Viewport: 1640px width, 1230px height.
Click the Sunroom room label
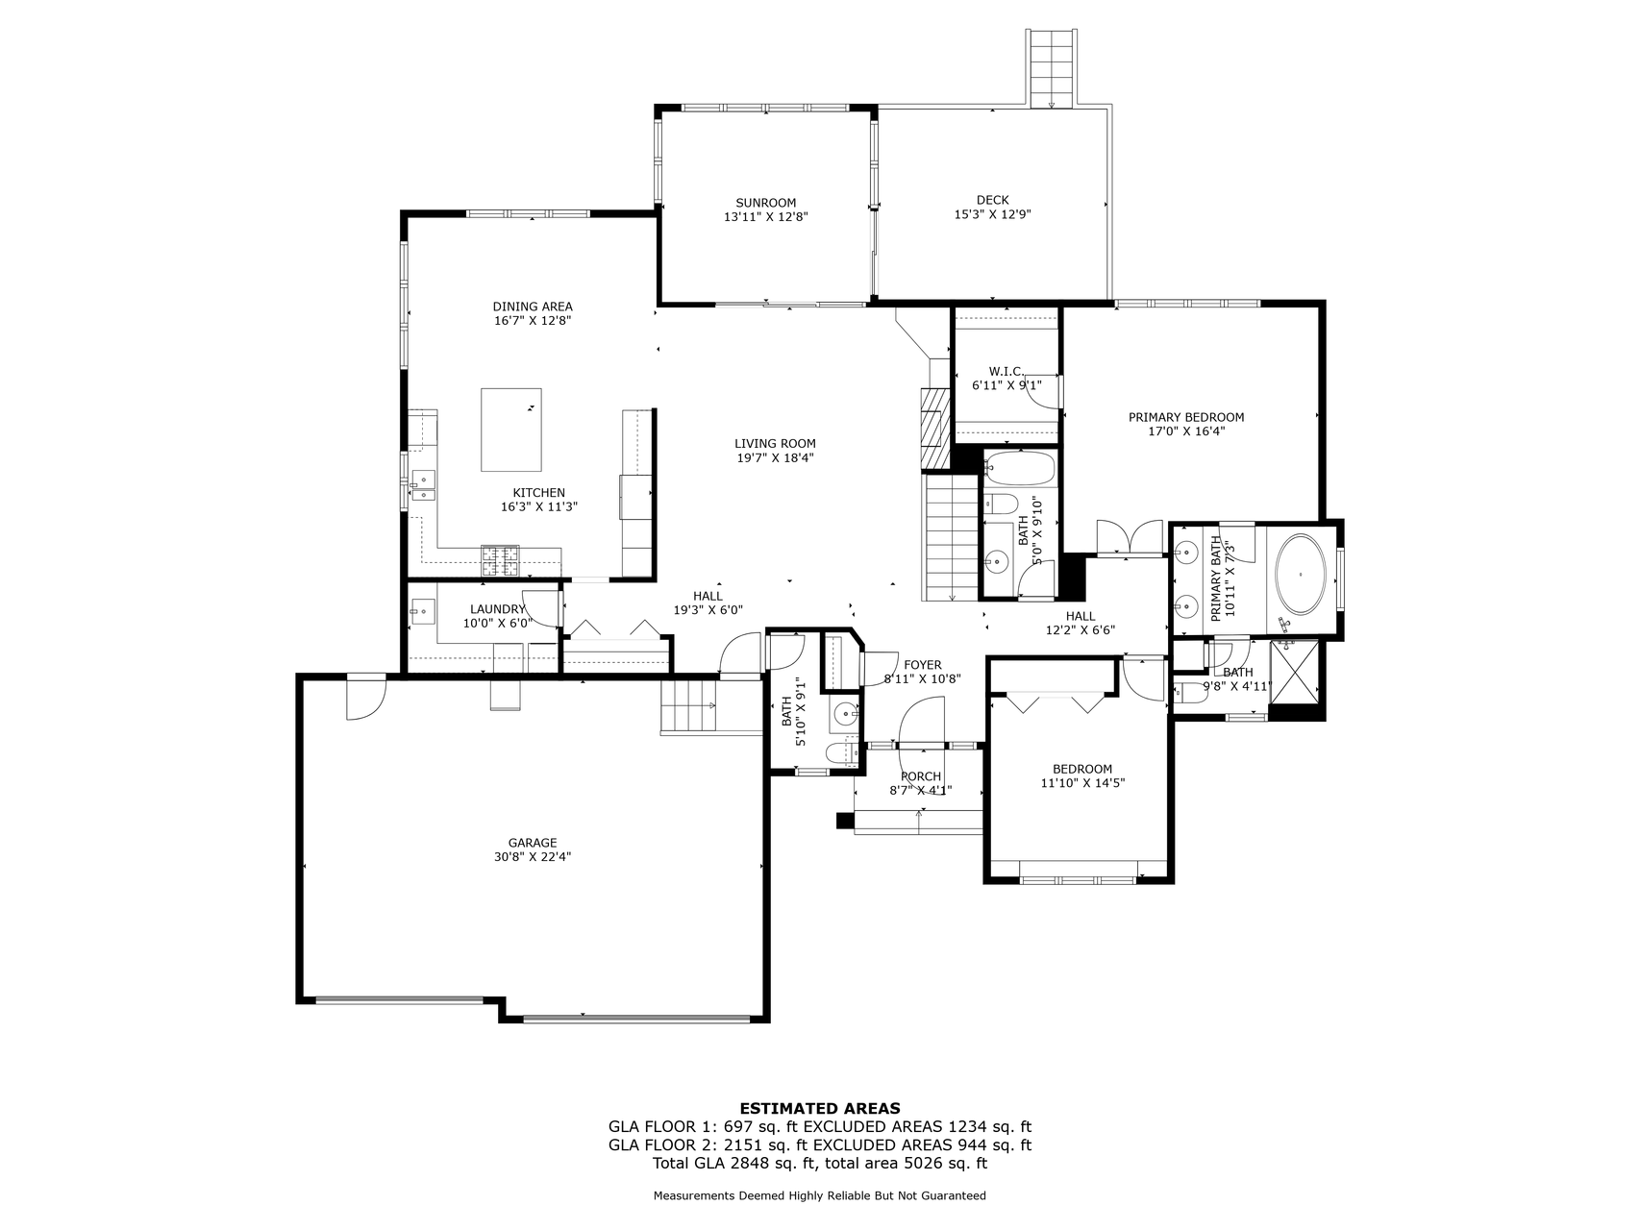(765, 203)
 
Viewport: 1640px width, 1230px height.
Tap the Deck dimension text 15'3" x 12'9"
(992, 215)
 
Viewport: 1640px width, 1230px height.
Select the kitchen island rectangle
(510, 430)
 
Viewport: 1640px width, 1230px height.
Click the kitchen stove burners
(499, 560)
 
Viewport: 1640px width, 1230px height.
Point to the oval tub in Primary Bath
(1301, 575)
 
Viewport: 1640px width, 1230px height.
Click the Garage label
(532, 843)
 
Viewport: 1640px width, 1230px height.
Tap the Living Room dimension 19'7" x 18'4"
(775, 458)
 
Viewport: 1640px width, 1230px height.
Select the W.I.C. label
(1006, 371)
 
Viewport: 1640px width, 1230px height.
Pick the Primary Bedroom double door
(1129, 538)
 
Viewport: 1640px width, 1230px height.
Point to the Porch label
(920, 776)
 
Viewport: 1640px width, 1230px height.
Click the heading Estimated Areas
(819, 1108)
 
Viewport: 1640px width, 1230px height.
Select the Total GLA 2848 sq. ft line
(819, 1164)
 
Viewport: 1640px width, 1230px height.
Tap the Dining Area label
(533, 307)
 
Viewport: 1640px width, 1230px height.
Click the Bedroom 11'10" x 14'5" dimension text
(1081, 783)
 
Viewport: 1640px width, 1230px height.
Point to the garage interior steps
(688, 705)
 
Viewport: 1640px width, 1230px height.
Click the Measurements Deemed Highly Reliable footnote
(819, 1196)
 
